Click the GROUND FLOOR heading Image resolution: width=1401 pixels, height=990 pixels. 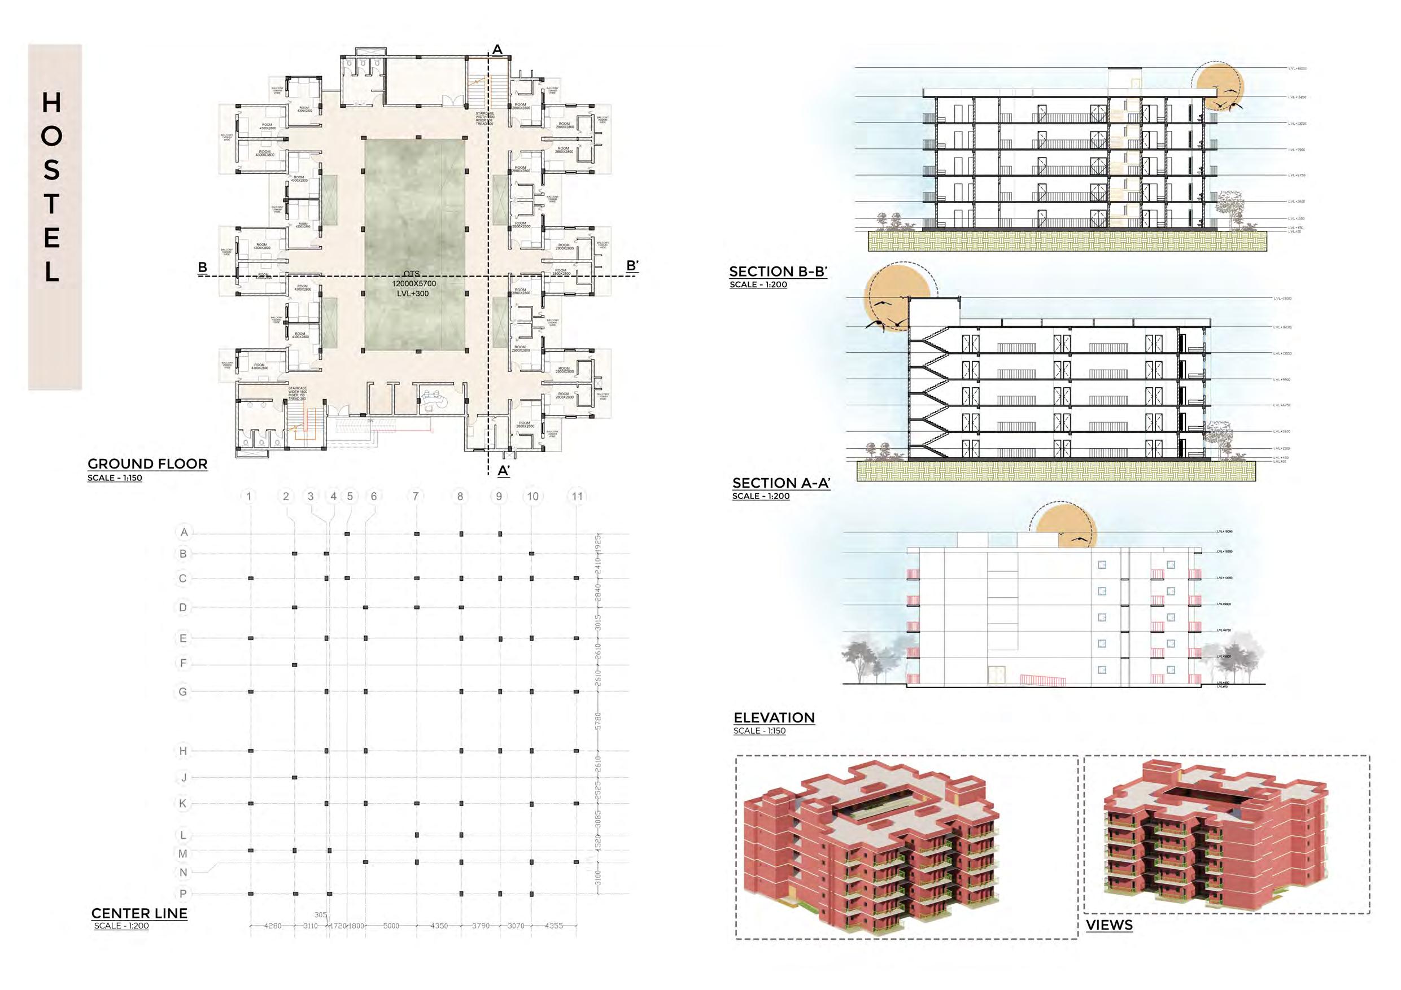[x=147, y=463]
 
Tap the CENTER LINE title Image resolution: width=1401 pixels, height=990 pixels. [x=139, y=913]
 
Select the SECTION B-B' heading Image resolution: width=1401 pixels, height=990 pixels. [x=778, y=271]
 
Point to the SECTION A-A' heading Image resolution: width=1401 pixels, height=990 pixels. [x=781, y=483]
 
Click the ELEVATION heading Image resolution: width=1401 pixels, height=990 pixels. [x=774, y=717]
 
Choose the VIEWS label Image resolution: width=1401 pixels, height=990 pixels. [x=1108, y=925]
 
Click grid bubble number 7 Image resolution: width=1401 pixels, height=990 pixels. [x=416, y=497]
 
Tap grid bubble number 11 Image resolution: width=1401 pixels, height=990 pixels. [x=577, y=497]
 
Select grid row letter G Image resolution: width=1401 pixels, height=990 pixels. [x=183, y=692]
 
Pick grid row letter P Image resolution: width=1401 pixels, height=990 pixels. [x=183, y=893]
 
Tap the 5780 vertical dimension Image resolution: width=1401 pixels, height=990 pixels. [x=599, y=720]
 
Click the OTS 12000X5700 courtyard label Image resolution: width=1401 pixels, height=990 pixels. [x=414, y=284]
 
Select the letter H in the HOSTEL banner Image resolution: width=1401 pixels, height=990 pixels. [x=52, y=103]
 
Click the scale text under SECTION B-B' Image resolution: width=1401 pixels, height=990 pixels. [x=758, y=285]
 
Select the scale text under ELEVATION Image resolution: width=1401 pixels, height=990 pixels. [x=759, y=731]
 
